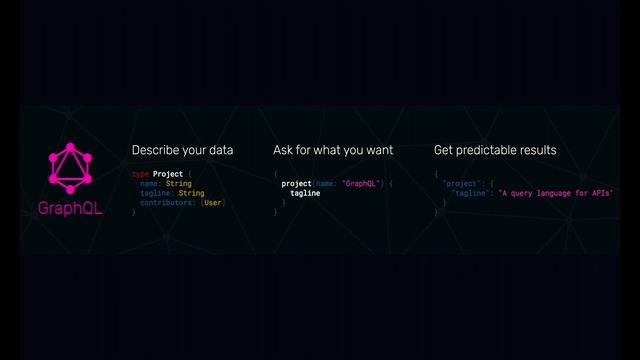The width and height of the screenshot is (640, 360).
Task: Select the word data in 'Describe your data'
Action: tap(221, 150)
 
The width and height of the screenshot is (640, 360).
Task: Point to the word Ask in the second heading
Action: tap(284, 150)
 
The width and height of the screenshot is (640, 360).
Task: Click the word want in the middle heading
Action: tap(376, 150)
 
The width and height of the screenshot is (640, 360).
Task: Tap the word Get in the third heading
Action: tap(444, 150)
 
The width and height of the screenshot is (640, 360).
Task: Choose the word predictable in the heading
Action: tap(489, 150)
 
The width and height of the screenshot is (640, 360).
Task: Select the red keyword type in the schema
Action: tap(140, 174)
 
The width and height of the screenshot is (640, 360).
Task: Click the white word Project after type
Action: tap(167, 174)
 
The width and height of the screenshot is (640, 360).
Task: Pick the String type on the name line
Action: tap(178, 184)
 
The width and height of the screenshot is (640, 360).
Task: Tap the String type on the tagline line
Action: tap(191, 193)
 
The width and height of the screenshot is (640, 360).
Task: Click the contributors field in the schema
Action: tap(168, 203)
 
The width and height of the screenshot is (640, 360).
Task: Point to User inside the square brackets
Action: tap(214, 203)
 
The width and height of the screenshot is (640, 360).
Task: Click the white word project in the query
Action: tap(297, 184)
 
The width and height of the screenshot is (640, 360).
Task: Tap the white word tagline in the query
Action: tap(305, 193)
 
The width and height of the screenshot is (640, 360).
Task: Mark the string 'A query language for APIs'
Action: tap(555, 193)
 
